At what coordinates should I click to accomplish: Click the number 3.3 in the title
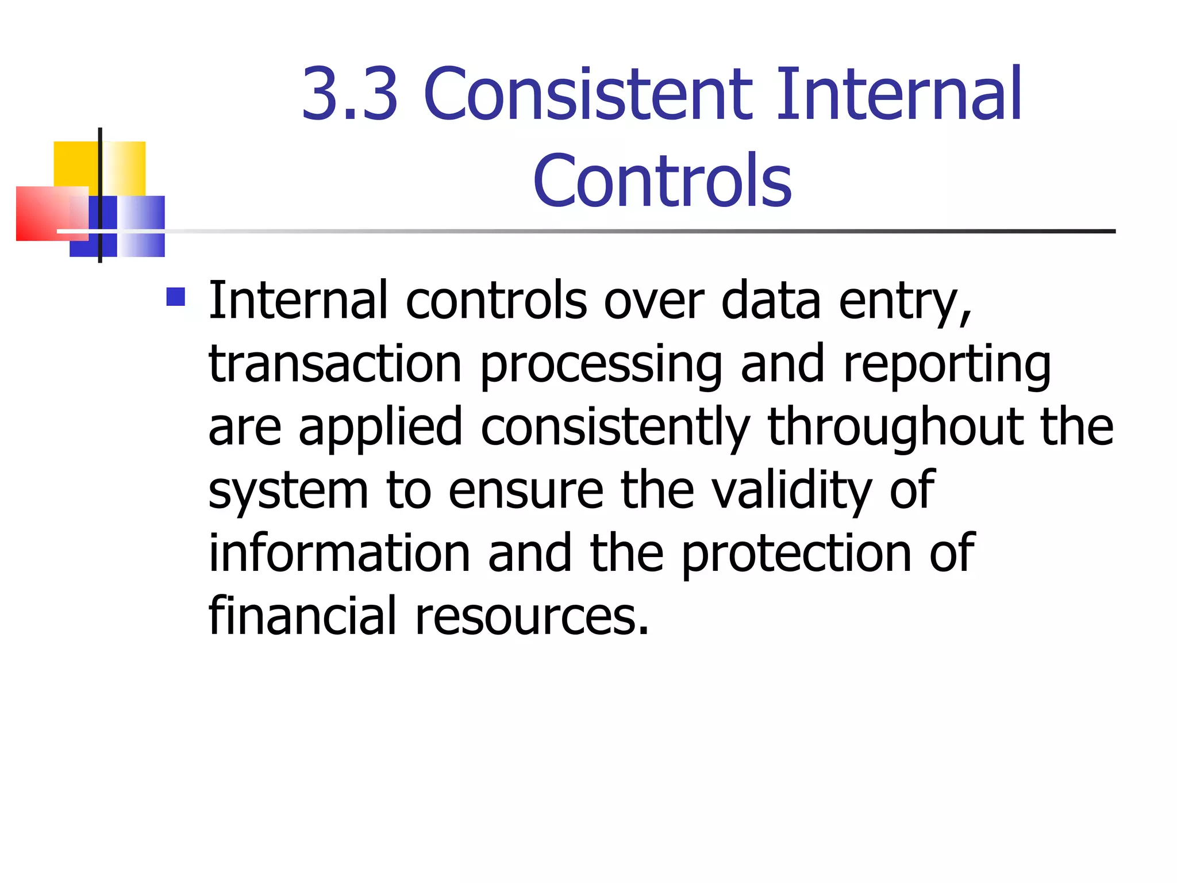pyautogui.click(x=350, y=94)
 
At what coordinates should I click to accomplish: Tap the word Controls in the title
pyautogui.click(x=662, y=181)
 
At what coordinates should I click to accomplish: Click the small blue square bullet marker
pyautogui.click(x=175, y=297)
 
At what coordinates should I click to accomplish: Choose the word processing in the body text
pyautogui.click(x=601, y=366)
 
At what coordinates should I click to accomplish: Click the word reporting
pyautogui.click(x=947, y=366)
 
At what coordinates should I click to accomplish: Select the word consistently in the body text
pyautogui.click(x=616, y=428)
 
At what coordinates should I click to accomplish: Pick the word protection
pyautogui.click(x=797, y=555)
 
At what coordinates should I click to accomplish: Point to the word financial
pyautogui.click(x=302, y=616)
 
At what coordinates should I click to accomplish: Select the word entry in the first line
pyautogui.click(x=905, y=302)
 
